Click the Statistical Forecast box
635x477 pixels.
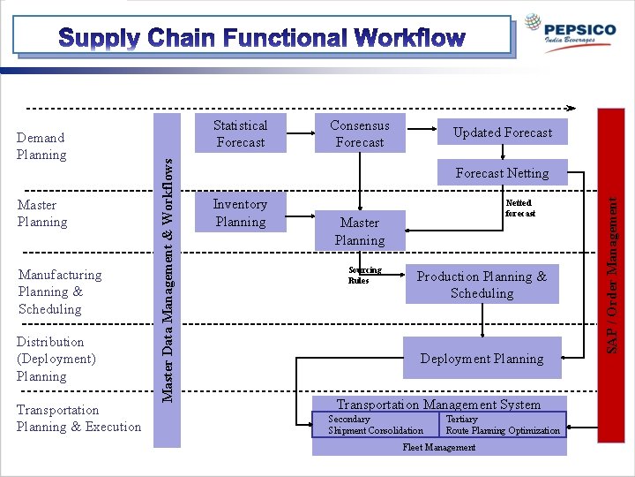[240, 133]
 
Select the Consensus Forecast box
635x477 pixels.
[359, 133]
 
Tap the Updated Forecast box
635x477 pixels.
[502, 132]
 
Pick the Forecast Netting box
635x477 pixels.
[502, 173]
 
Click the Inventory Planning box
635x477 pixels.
[240, 213]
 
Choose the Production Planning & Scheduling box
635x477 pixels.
[482, 284]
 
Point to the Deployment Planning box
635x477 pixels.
[482, 359]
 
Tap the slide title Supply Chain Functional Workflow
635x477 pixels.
[262, 38]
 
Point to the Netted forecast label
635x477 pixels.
[519, 208]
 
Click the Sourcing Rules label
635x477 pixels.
[364, 275]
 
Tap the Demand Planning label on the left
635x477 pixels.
[41, 146]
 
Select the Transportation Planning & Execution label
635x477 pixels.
[78, 419]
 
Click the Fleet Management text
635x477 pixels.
[438, 447]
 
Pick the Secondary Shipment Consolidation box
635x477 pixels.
[375, 425]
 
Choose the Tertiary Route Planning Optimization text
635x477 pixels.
[502, 425]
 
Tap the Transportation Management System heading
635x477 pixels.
[438, 405]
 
